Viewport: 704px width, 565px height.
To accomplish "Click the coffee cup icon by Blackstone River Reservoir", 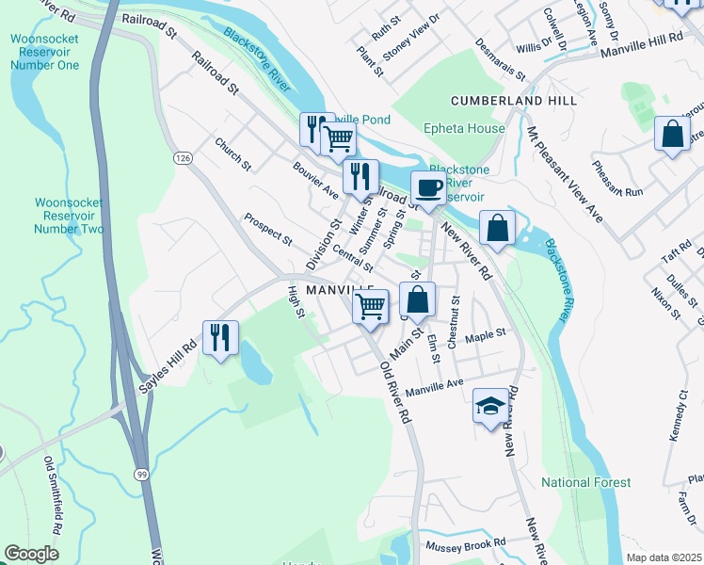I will pos(428,188).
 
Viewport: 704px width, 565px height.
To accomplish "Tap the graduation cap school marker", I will pos(489,406).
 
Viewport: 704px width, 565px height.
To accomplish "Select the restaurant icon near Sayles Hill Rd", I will pos(220,337).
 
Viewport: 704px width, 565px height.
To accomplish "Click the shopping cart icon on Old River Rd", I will pos(371,305).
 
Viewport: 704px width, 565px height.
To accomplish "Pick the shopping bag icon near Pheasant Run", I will pos(673,134).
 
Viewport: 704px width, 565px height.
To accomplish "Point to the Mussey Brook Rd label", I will pos(465,544).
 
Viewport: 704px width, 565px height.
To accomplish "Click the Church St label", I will pos(232,154).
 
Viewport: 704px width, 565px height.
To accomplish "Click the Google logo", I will pos(32,554).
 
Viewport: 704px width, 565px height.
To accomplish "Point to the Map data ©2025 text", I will pos(664,557).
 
